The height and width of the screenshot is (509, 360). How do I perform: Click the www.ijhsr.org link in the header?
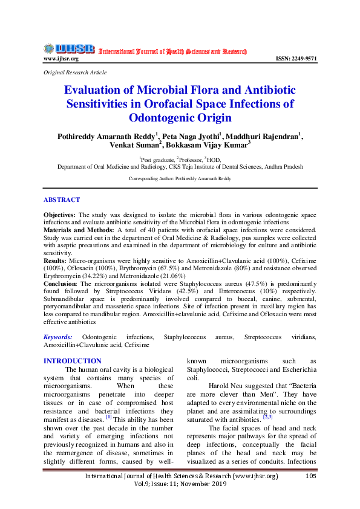coord(61,59)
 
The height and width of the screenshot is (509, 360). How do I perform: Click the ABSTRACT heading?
coord(62,199)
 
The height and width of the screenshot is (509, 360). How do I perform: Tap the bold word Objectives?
coord(61,215)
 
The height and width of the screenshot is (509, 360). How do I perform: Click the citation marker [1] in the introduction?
coord(108,417)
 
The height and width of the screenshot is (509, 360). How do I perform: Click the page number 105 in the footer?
coord(311,476)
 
